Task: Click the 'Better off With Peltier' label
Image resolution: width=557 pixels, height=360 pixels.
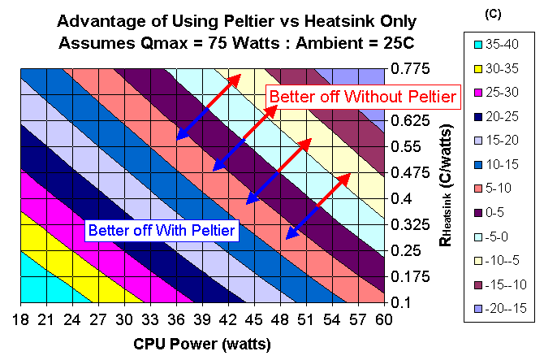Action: point(162,230)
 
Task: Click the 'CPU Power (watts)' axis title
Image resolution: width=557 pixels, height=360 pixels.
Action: point(201,343)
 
